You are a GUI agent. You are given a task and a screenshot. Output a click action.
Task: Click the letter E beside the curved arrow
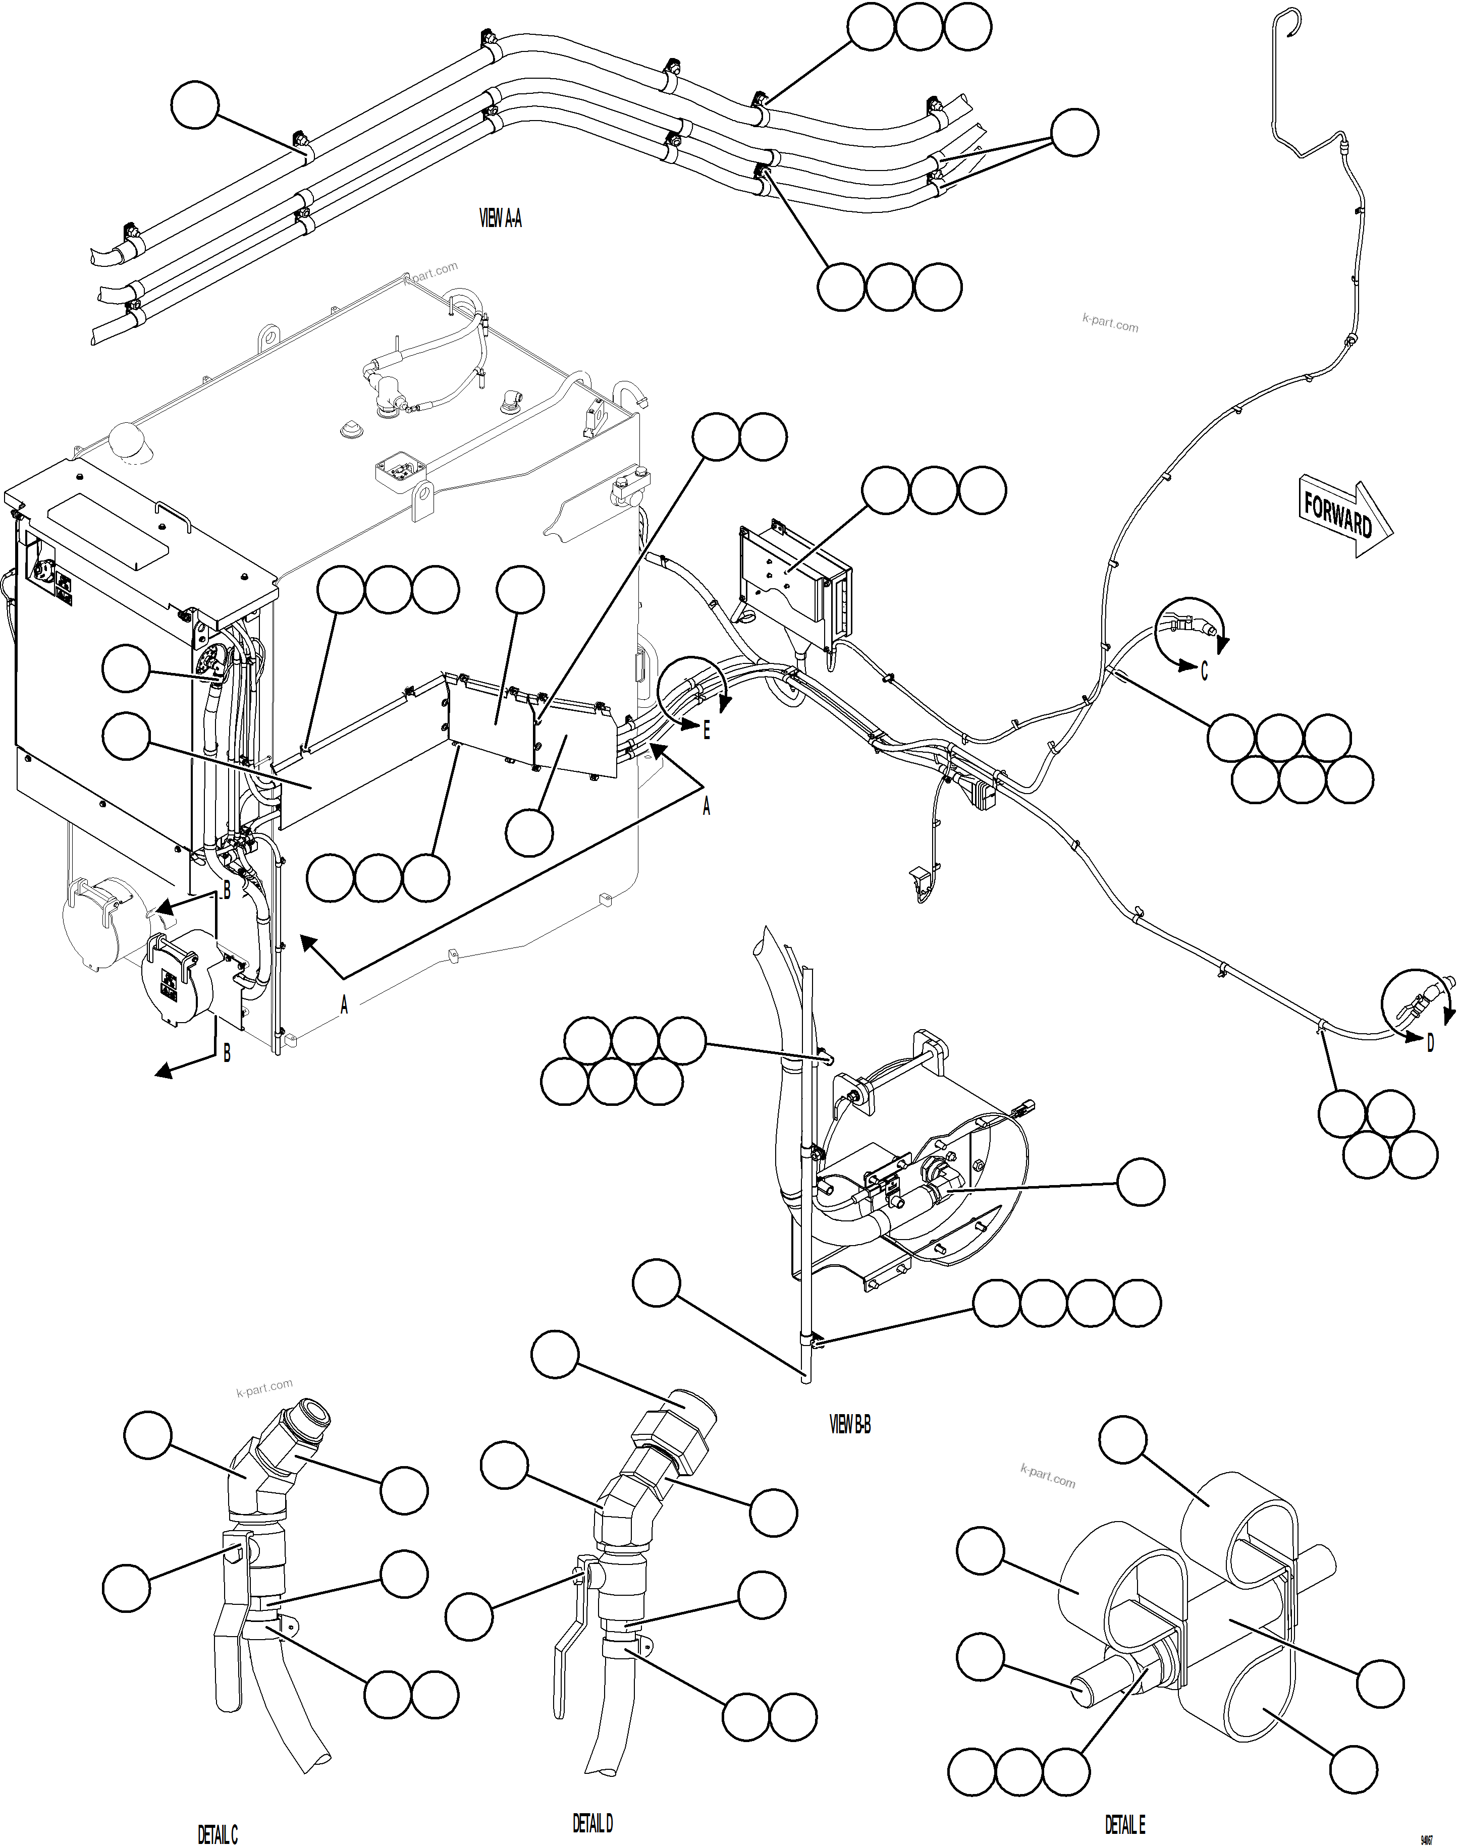tap(707, 731)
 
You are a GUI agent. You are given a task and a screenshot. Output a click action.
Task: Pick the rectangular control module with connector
tap(794, 582)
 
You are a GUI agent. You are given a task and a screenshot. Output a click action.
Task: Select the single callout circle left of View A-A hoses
tap(195, 105)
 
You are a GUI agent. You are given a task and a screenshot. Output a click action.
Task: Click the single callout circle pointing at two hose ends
tap(1074, 132)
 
